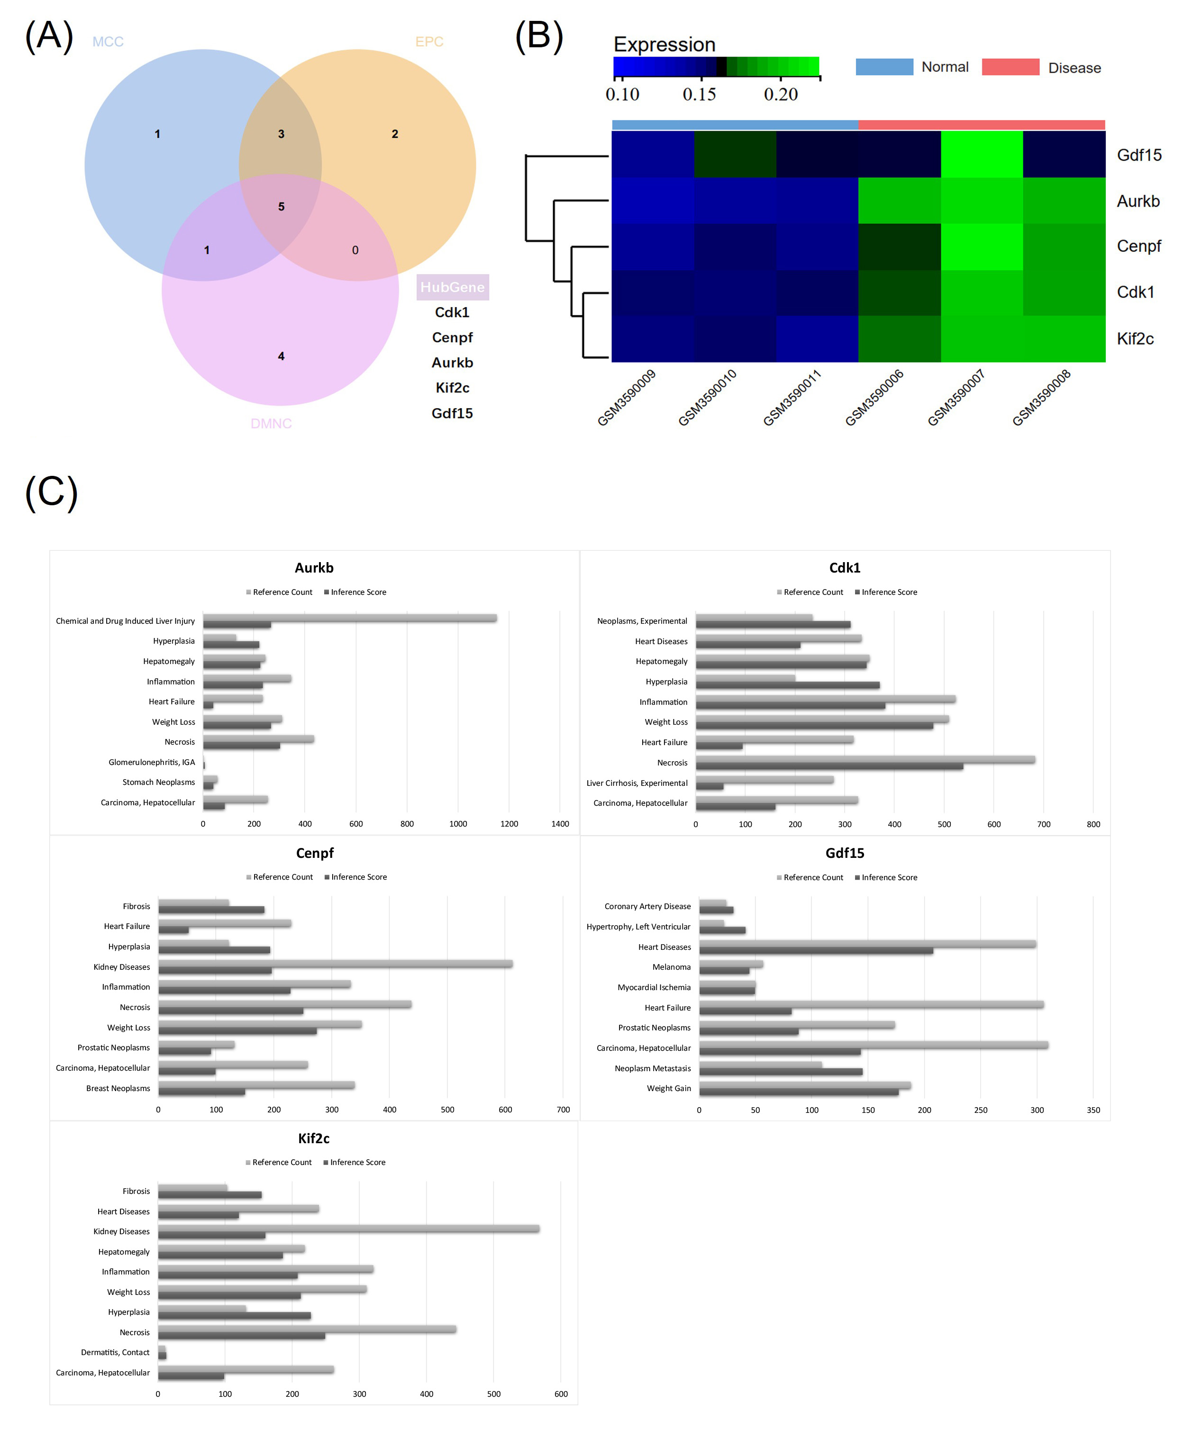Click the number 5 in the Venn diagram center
281,207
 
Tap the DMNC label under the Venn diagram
271,424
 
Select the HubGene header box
452,287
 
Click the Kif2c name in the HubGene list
452,388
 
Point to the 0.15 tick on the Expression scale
699,94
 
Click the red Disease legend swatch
1010,67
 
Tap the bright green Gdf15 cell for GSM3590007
982,154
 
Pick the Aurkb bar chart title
314,568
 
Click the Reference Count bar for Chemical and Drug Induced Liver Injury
349,618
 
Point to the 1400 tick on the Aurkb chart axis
560,824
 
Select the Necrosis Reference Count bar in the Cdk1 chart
865,759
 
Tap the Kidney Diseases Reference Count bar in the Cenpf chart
335,964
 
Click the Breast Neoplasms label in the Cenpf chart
118,1088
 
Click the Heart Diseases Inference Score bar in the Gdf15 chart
815,950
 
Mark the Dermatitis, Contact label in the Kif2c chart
115,1352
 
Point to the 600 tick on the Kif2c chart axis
560,1393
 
